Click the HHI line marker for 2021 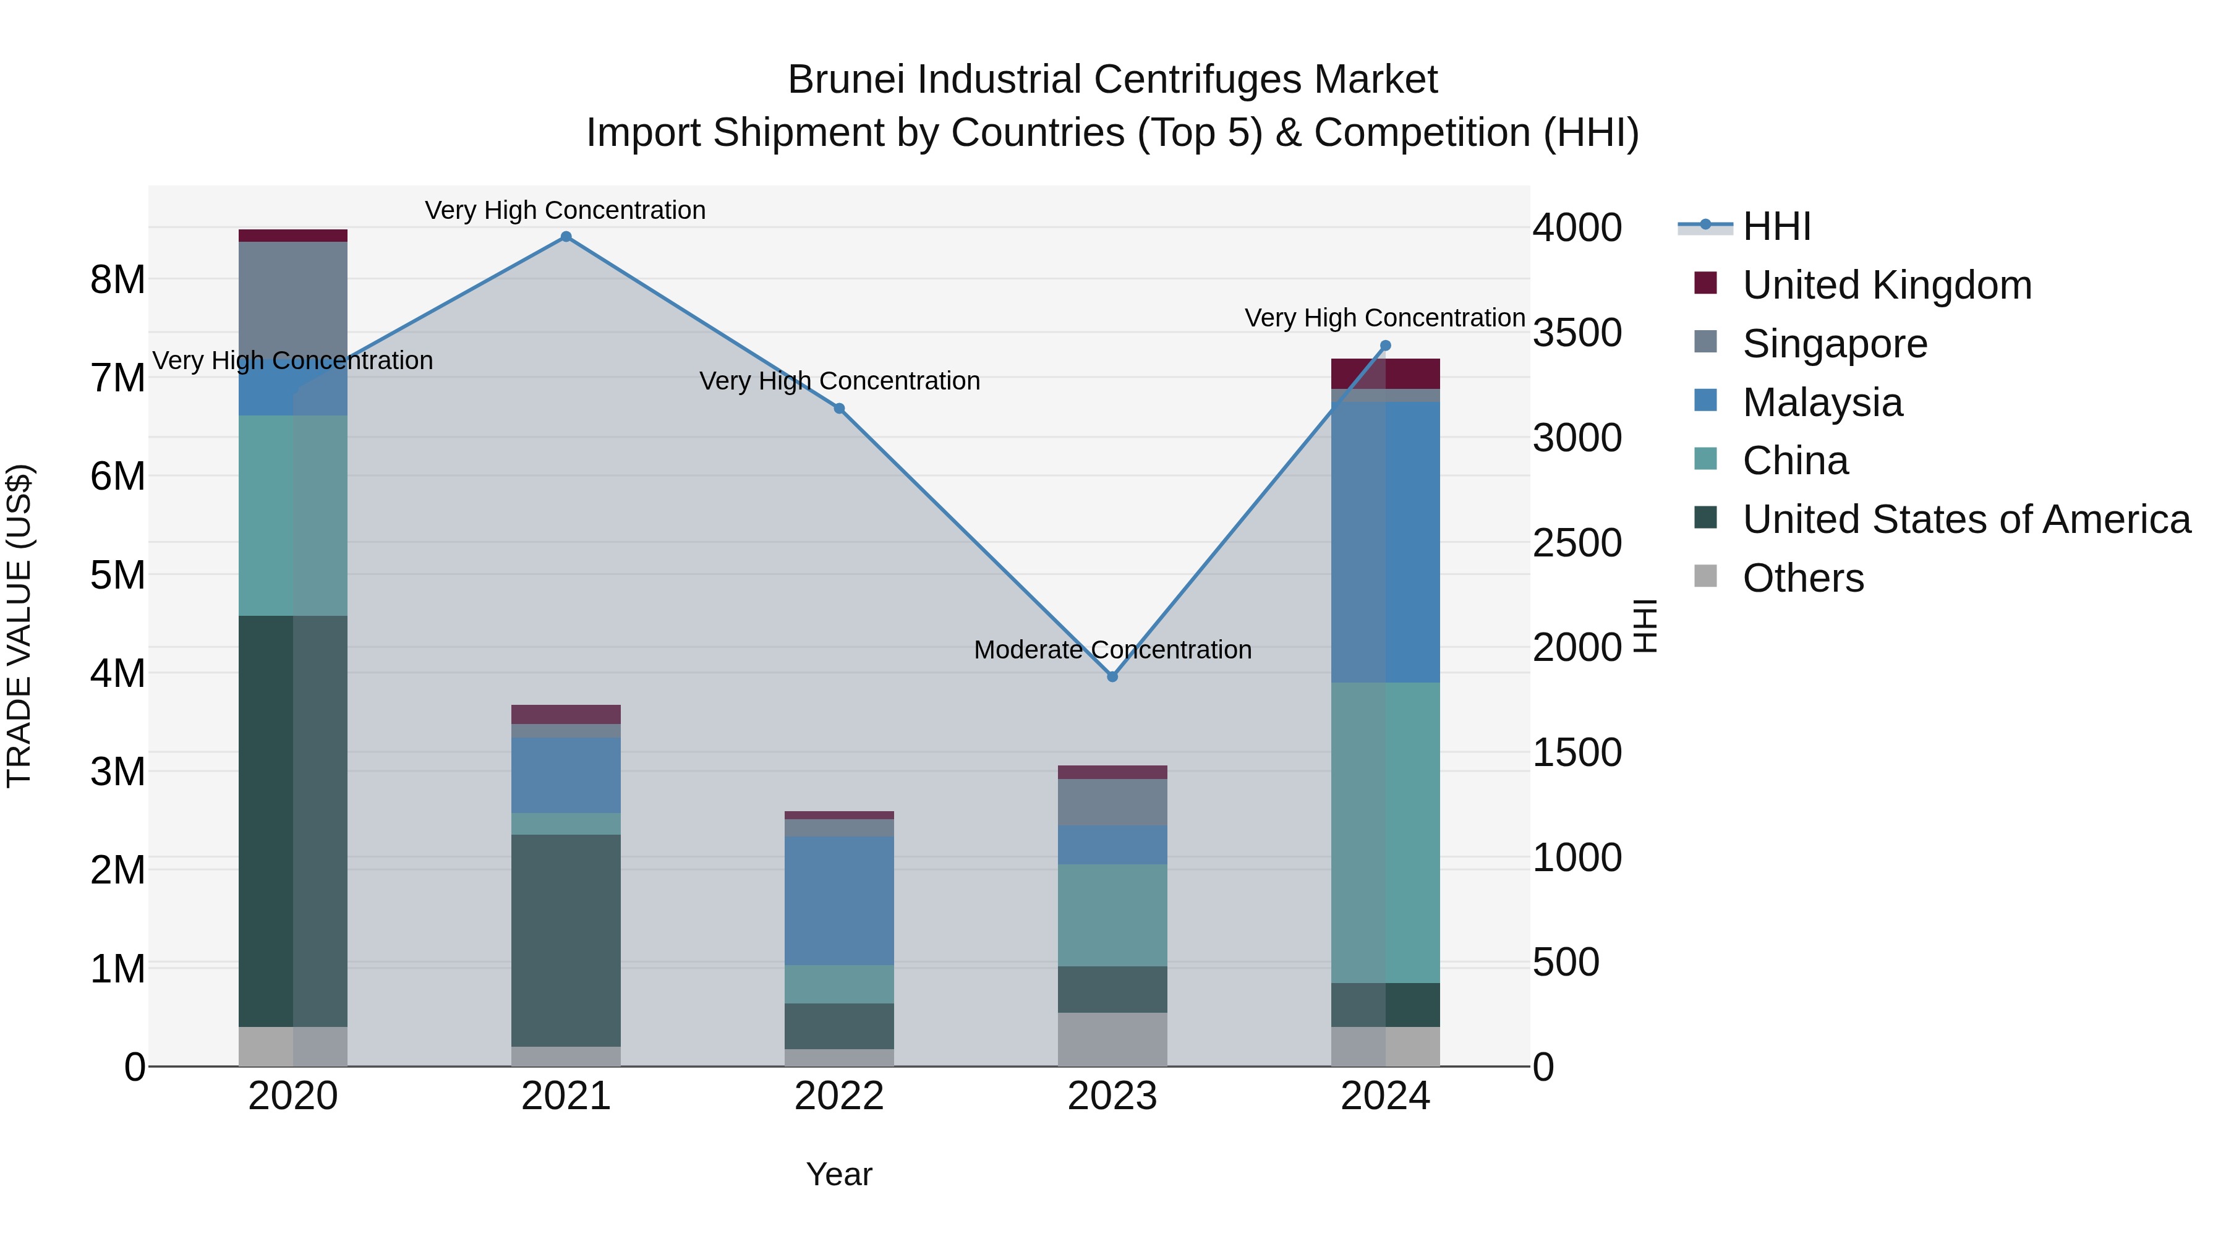click(x=566, y=237)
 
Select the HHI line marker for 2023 click(x=1112, y=676)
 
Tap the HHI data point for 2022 click(x=839, y=409)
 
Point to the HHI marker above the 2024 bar click(x=1385, y=346)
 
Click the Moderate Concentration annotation click(x=1112, y=650)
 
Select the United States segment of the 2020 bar click(x=293, y=821)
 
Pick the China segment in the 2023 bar click(x=1112, y=915)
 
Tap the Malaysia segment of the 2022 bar click(x=839, y=900)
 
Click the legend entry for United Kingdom click(x=1887, y=285)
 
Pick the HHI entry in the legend click(x=1776, y=226)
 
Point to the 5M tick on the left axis click(x=117, y=574)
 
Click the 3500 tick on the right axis click(x=1576, y=333)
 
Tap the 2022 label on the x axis click(x=839, y=1096)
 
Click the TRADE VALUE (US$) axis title click(x=19, y=626)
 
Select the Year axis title click(x=839, y=1174)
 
